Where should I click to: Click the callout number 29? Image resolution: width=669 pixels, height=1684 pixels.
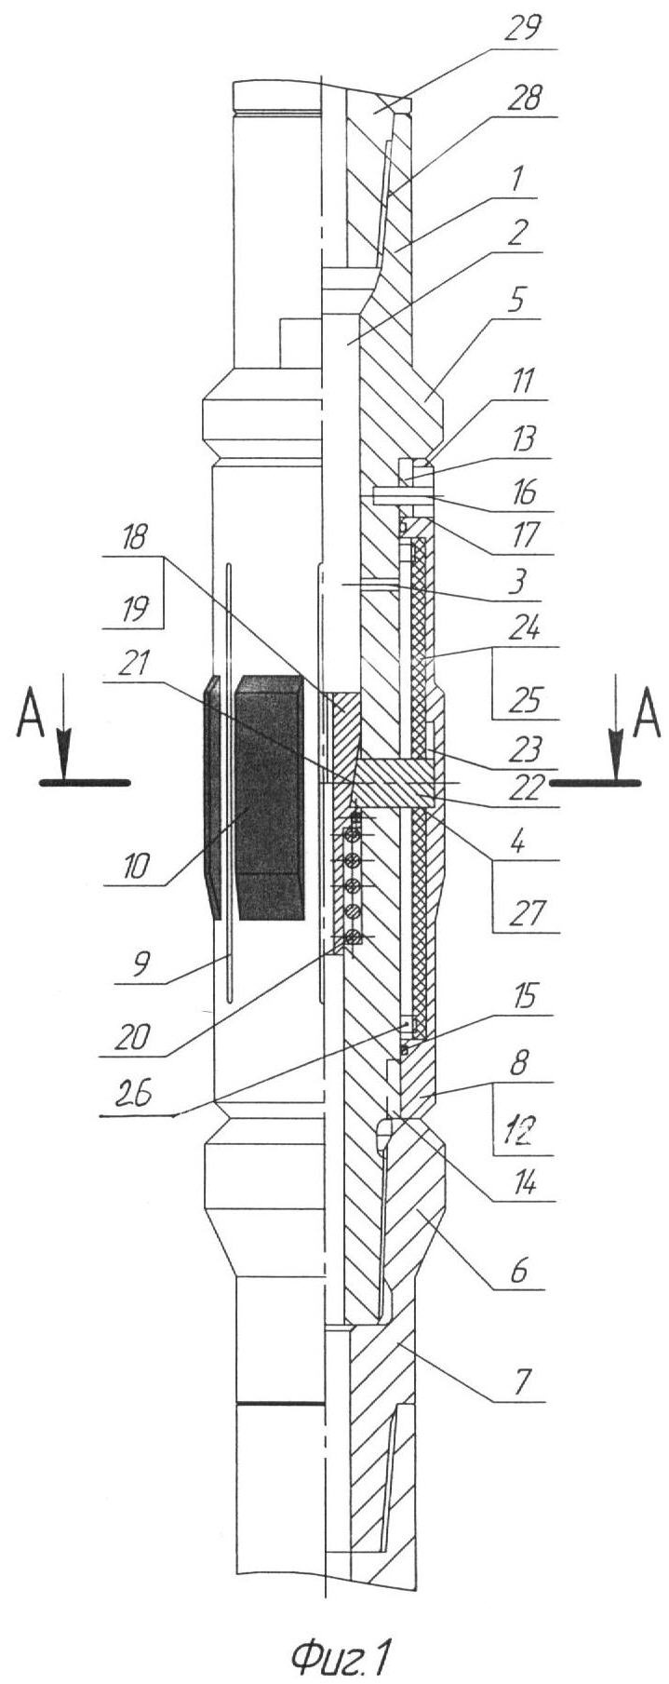[x=523, y=29]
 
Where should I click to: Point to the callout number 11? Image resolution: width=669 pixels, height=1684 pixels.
[x=523, y=381]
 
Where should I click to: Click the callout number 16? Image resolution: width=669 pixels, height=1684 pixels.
[x=523, y=492]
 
